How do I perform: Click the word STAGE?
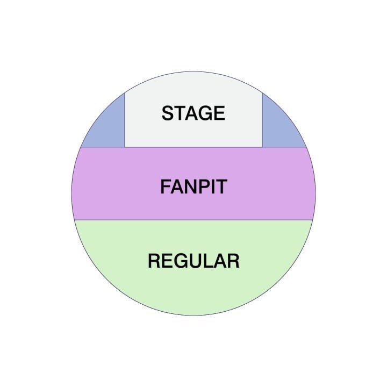tap(193, 113)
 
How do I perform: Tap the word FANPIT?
tap(193, 187)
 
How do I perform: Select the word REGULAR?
tap(193, 261)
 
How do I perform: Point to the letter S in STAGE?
tap(168, 113)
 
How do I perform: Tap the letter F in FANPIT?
tap(165, 187)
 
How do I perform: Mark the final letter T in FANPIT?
tap(221, 187)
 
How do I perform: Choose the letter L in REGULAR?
tap(207, 261)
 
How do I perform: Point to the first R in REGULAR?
tap(154, 261)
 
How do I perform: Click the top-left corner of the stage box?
tap(125, 93)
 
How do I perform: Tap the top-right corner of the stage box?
tap(262, 93)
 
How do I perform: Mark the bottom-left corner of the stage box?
tap(125, 147)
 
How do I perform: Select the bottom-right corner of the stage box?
tap(262, 147)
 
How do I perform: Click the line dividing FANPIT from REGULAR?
tap(193, 220)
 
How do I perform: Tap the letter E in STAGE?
tap(219, 113)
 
